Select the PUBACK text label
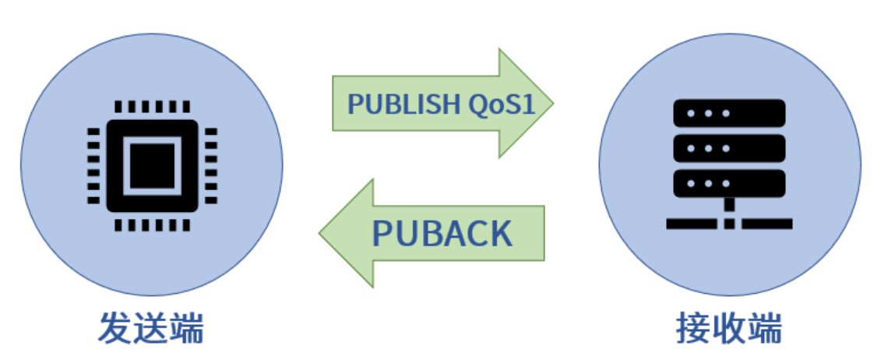442,233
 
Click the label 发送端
151,328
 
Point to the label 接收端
729,328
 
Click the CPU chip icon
151,166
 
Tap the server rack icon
729,164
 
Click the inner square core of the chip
151,166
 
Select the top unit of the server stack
729,113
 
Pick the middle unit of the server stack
729,148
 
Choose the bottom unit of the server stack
729,183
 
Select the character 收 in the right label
729,328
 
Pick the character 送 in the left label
151,328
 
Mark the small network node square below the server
729,224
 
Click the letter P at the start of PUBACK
383,233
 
